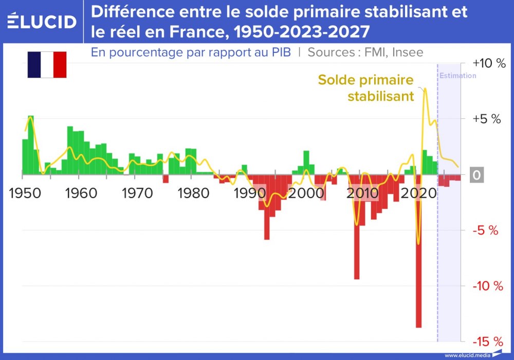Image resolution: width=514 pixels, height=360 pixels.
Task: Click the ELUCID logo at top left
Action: [x=42, y=21]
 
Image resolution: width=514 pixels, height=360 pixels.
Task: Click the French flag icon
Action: [x=47, y=65]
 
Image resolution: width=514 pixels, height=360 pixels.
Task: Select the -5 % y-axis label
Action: [x=486, y=230]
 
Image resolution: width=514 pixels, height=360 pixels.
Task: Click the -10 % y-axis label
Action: [x=486, y=286]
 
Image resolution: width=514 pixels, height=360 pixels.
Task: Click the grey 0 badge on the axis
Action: [x=476, y=175]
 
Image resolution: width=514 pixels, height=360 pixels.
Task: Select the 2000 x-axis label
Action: [x=307, y=193]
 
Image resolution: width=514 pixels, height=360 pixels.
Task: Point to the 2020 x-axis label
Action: [x=419, y=193]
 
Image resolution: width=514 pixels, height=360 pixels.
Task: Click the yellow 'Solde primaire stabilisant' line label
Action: [x=366, y=88]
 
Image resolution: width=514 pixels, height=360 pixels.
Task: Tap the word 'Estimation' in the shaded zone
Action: [x=457, y=76]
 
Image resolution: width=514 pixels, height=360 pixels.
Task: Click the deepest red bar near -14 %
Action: [x=418, y=257]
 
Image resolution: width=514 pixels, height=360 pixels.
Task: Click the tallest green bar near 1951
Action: [x=31, y=144]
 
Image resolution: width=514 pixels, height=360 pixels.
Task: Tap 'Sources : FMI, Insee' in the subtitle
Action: [x=365, y=52]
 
